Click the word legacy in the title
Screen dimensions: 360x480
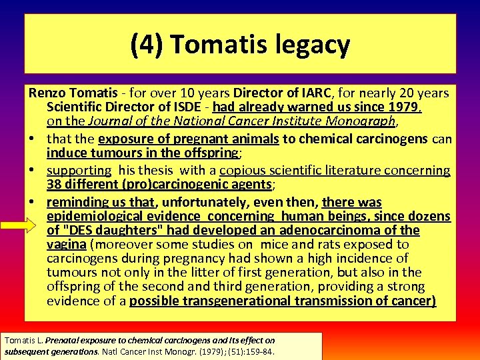point(310,45)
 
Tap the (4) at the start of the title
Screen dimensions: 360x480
point(147,45)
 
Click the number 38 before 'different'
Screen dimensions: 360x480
point(55,185)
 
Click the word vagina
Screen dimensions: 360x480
point(67,244)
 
